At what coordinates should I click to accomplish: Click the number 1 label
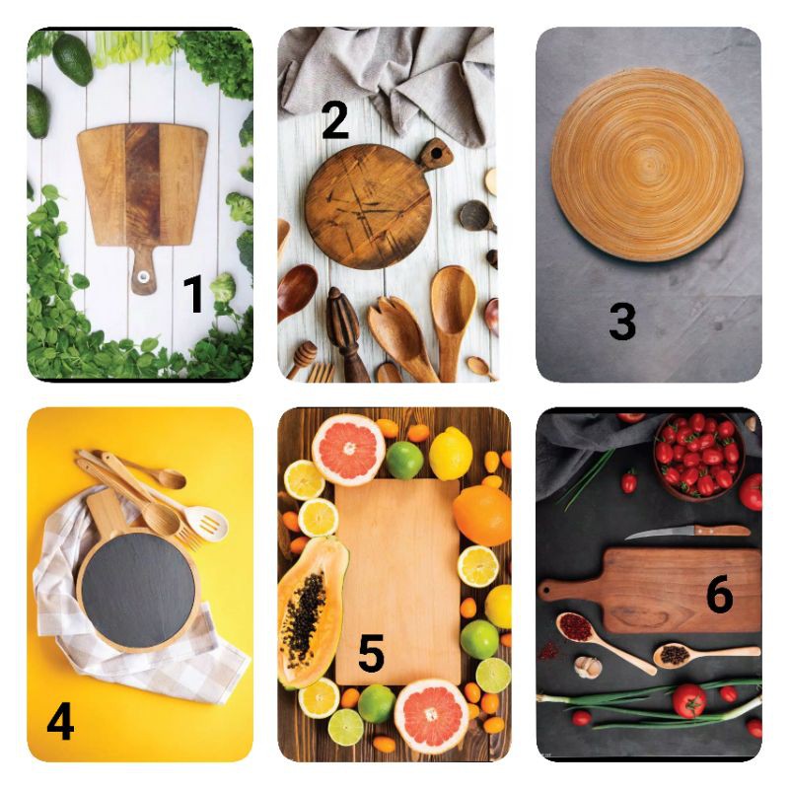(193, 294)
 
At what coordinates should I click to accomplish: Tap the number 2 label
(334, 119)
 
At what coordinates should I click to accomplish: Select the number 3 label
(622, 322)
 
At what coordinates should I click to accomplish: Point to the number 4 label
(60, 721)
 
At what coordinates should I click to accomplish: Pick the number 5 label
(372, 653)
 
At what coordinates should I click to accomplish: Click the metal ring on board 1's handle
(143, 275)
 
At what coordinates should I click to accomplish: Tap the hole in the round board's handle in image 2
(436, 152)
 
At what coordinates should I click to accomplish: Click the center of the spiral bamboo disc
(648, 165)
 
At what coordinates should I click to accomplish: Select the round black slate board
(137, 590)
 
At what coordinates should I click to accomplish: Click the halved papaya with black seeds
(312, 611)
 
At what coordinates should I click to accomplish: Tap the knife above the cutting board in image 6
(687, 532)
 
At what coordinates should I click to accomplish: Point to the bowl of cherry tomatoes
(698, 457)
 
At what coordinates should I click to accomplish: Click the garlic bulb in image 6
(588, 668)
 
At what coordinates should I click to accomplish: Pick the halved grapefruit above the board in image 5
(348, 449)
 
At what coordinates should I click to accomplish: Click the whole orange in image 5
(482, 515)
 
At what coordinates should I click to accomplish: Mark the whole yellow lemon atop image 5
(451, 454)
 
